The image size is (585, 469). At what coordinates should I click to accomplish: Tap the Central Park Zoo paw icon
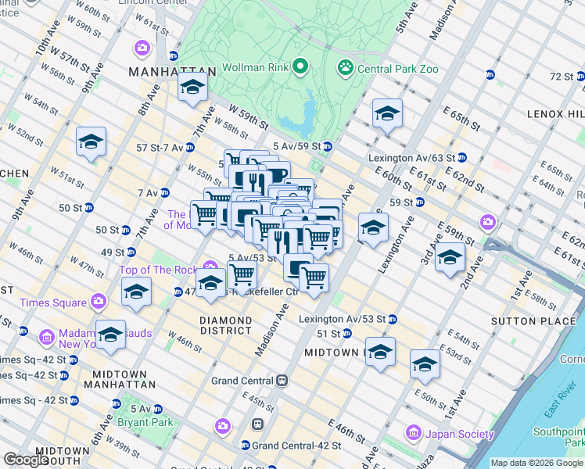(x=344, y=68)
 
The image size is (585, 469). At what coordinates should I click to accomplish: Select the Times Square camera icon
(x=98, y=301)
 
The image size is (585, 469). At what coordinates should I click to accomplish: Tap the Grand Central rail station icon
(x=282, y=381)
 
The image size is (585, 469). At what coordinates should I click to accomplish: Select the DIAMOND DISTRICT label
(x=225, y=325)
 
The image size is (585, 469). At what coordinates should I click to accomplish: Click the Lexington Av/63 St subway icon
(x=462, y=157)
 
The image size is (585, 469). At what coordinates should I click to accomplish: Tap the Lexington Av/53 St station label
(x=343, y=319)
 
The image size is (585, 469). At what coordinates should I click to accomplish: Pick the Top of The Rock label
(x=158, y=270)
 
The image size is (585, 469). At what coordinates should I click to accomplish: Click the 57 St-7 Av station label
(x=160, y=147)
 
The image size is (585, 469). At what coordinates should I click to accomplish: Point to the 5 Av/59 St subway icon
(x=328, y=146)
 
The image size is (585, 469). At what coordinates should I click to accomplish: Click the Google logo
(x=25, y=460)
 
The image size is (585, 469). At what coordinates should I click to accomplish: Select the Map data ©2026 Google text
(x=537, y=463)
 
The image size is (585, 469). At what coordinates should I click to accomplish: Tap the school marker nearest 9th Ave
(x=91, y=142)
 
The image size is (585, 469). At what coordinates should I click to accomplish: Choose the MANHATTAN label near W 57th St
(x=167, y=72)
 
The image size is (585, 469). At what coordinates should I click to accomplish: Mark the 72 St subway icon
(x=580, y=76)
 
